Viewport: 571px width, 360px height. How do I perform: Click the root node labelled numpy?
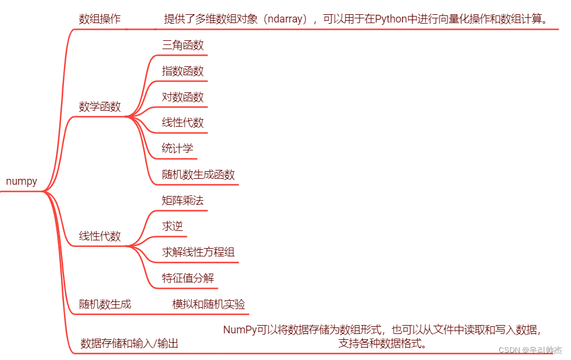click(21, 182)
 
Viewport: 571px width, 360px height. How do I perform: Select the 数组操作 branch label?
click(100, 19)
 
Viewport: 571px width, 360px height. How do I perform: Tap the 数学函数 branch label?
click(100, 107)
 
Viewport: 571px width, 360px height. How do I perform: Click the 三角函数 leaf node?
click(183, 45)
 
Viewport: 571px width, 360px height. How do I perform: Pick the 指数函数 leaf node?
click(183, 71)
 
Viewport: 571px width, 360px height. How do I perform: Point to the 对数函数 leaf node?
click(183, 97)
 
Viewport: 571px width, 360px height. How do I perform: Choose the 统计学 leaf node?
click(178, 149)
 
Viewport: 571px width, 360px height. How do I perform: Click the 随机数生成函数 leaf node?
click(198, 175)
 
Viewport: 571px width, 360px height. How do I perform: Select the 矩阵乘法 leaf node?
click(183, 200)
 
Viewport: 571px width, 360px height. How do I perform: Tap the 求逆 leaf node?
click(172, 226)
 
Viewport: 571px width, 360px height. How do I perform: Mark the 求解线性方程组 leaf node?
click(198, 252)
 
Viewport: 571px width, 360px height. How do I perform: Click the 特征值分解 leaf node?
click(188, 278)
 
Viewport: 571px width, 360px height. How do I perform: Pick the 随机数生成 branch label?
click(105, 304)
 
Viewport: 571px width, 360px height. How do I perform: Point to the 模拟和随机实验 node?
click(208, 304)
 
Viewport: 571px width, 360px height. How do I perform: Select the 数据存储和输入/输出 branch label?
click(129, 343)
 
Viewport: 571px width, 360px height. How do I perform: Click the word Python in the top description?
click(392, 19)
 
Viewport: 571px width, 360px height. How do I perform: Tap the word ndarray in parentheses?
click(286, 19)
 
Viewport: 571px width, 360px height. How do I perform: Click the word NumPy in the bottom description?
click(240, 330)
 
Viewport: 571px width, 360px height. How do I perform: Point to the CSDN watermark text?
click(509, 350)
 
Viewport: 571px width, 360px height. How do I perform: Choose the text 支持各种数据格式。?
click(383, 343)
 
